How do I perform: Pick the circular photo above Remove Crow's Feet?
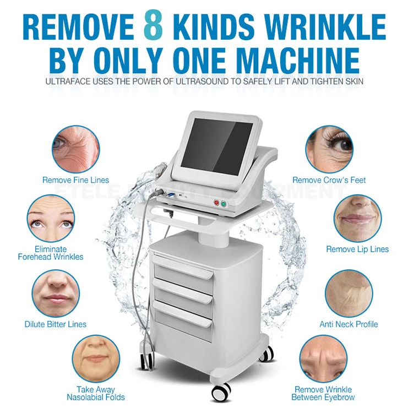(329, 148)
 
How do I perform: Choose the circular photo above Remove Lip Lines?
(356, 216)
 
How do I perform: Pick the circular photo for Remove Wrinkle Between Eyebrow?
(323, 358)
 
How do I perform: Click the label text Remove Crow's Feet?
(329, 180)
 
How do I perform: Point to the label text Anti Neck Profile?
(349, 324)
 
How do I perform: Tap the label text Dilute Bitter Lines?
(55, 324)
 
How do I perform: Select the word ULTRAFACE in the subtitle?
(64, 81)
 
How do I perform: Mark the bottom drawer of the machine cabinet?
(183, 320)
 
